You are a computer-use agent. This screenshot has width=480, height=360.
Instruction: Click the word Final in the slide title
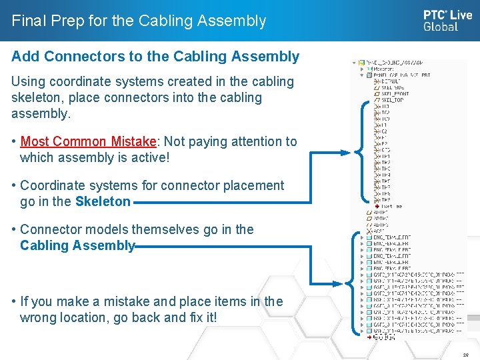(28, 21)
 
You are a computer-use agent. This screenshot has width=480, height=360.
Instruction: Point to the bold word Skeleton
(103, 201)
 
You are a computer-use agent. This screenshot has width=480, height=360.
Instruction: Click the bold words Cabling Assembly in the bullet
(77, 245)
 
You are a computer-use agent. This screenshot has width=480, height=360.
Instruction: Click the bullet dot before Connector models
(14, 229)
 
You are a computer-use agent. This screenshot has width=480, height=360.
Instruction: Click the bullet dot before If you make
(14, 301)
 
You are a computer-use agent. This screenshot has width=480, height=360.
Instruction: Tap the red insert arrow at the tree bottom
(369, 337)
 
